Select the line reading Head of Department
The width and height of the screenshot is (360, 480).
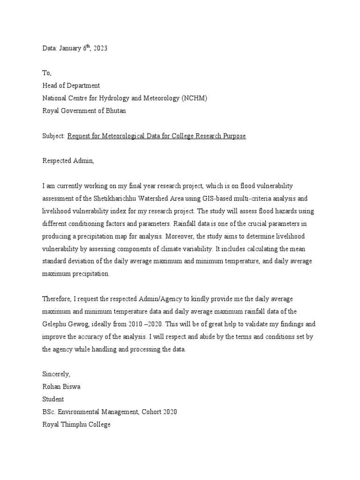pos(71,85)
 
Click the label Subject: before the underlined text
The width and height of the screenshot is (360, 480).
pos(54,136)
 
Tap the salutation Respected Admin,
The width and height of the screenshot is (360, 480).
pos(68,161)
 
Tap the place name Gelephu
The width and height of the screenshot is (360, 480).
pos(55,324)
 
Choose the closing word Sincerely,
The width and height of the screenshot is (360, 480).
pos(56,374)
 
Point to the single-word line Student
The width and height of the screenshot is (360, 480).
pos(53,399)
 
